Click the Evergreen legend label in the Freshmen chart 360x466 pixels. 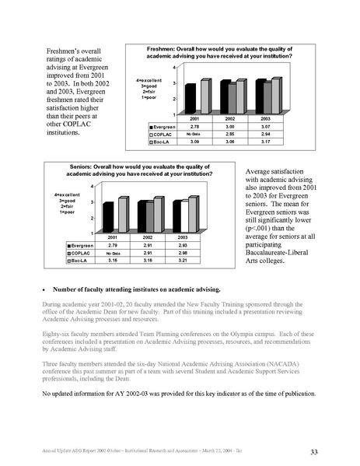point(165,125)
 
